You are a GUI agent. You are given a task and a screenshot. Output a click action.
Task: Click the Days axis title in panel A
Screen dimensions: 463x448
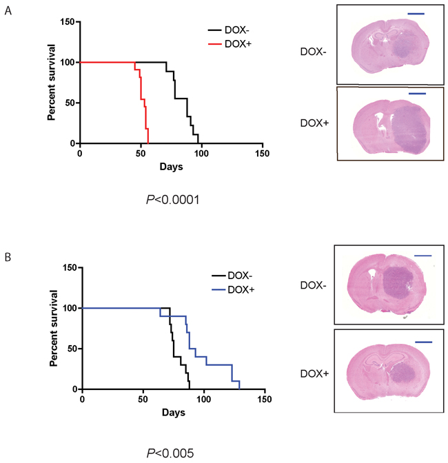click(171, 167)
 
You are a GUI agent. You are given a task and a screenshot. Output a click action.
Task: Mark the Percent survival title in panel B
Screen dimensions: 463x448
click(53, 327)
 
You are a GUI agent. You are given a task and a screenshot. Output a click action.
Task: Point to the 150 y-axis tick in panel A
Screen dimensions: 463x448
click(66, 22)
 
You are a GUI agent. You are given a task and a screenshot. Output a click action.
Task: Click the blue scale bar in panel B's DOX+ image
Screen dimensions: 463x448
click(423, 341)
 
